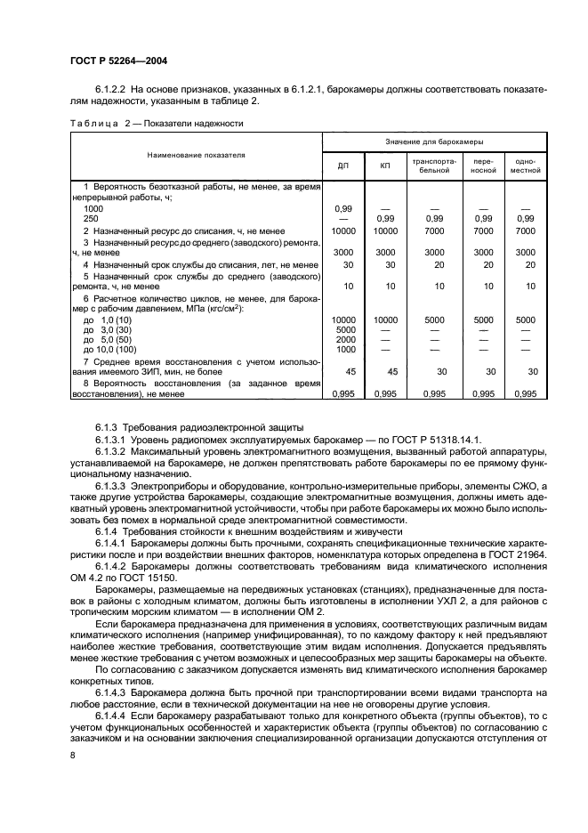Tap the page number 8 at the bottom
point(73,756)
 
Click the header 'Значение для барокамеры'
point(434,142)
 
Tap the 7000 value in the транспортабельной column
point(434,230)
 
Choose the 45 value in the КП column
point(385,372)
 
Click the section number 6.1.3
point(109,427)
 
